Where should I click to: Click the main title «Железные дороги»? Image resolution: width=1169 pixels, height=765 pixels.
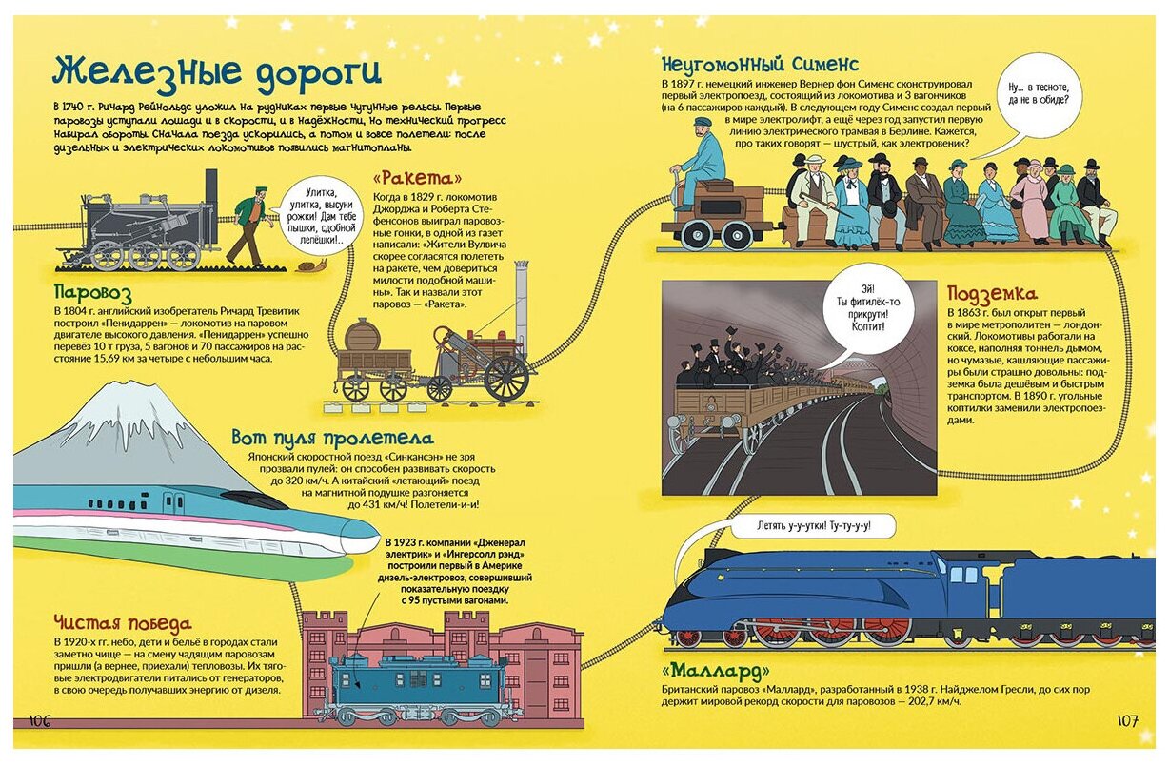[x=217, y=72]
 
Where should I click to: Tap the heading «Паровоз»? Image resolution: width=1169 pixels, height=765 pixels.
[x=92, y=292]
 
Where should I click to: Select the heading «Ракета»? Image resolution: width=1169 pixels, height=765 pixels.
[x=418, y=178]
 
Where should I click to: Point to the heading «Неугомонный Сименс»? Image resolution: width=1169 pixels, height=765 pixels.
[x=760, y=65]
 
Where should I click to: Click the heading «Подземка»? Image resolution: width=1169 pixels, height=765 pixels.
[x=992, y=294]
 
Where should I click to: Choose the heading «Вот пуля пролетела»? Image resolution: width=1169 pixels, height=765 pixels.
[x=332, y=439]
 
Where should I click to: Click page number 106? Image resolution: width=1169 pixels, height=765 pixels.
[x=40, y=721]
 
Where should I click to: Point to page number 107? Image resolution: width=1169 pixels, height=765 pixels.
[x=1126, y=721]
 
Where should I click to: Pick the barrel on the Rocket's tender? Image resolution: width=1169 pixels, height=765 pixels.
[x=361, y=335]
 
